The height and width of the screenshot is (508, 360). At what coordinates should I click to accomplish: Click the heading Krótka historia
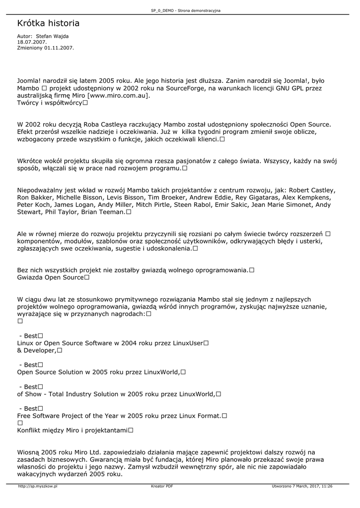pos(48,23)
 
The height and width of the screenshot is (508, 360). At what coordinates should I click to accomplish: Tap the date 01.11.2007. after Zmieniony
pos(59,48)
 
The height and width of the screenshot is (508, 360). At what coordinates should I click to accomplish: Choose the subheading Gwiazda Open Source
pos(50,277)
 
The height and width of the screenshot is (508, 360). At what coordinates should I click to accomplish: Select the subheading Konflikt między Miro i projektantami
pos(72,430)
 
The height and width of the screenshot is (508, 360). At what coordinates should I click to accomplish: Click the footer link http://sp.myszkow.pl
pos(38,486)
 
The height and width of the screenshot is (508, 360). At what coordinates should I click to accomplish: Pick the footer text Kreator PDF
pos(162,486)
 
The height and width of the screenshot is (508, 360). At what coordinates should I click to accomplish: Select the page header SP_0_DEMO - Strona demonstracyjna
pos(185,10)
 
